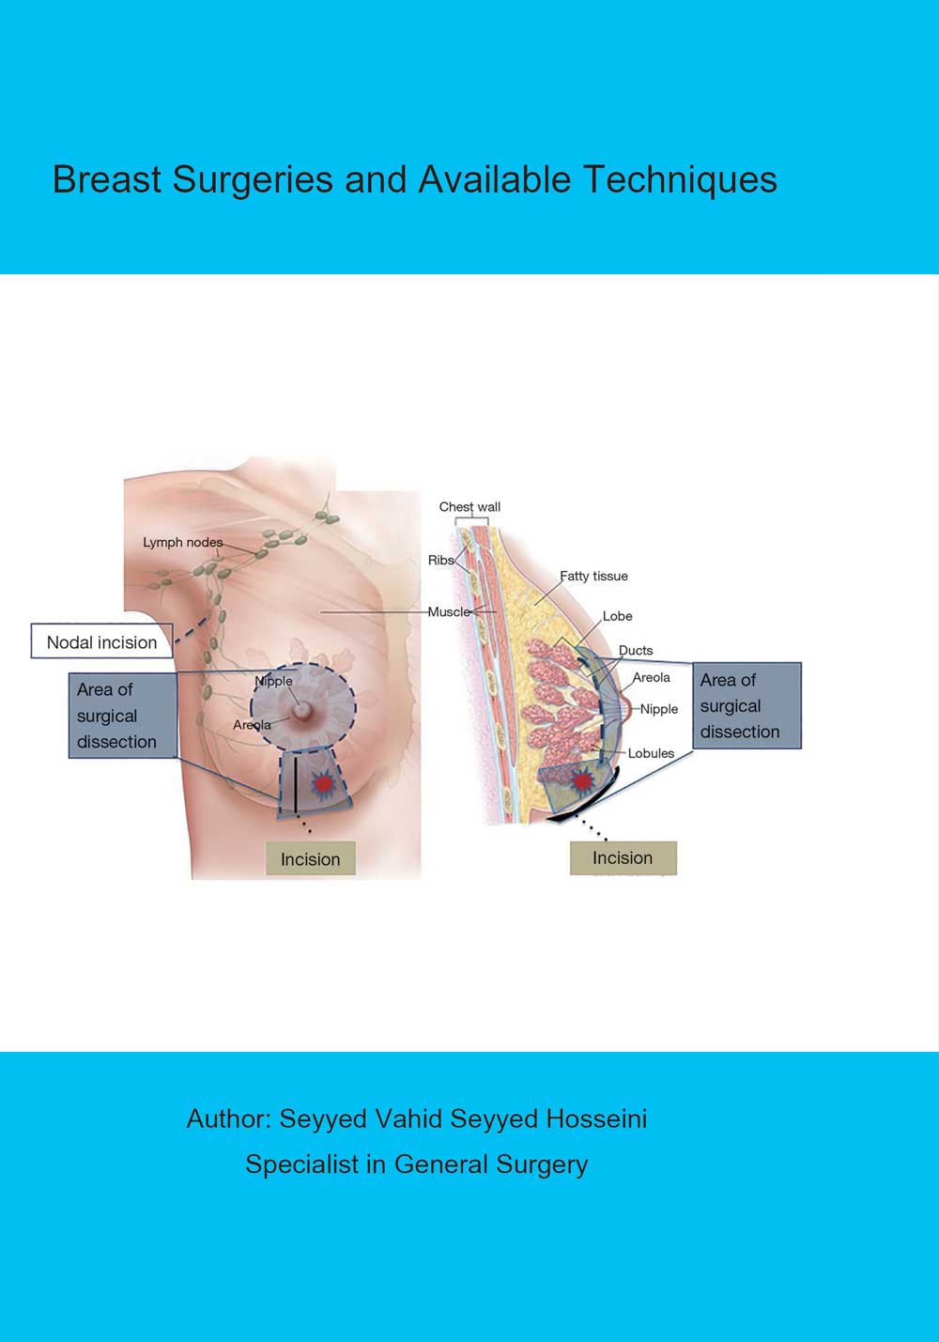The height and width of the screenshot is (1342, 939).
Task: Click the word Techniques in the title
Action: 680,179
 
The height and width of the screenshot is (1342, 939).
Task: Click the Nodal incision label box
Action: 101,642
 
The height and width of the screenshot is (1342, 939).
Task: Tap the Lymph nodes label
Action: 182,542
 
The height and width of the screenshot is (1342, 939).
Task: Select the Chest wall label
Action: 469,507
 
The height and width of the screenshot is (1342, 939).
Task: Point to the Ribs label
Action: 440,560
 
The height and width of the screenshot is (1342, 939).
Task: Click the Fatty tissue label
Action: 593,576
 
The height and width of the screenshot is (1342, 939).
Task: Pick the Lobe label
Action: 617,616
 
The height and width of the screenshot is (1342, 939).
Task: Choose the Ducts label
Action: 635,650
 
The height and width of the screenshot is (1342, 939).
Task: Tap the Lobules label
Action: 651,753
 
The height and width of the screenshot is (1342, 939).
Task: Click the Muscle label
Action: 449,611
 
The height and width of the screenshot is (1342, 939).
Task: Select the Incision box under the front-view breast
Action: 310,859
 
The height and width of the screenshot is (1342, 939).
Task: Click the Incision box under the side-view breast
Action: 623,857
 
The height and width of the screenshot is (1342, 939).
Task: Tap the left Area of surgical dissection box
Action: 122,716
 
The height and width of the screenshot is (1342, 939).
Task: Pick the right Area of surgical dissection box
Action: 747,706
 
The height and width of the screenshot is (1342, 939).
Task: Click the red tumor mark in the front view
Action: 322,782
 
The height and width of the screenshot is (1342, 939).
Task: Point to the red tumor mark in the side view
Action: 582,780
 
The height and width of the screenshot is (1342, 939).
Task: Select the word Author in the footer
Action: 228,1118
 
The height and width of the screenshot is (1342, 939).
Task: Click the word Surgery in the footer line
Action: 542,1165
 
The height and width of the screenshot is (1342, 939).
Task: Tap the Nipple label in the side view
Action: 658,709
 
